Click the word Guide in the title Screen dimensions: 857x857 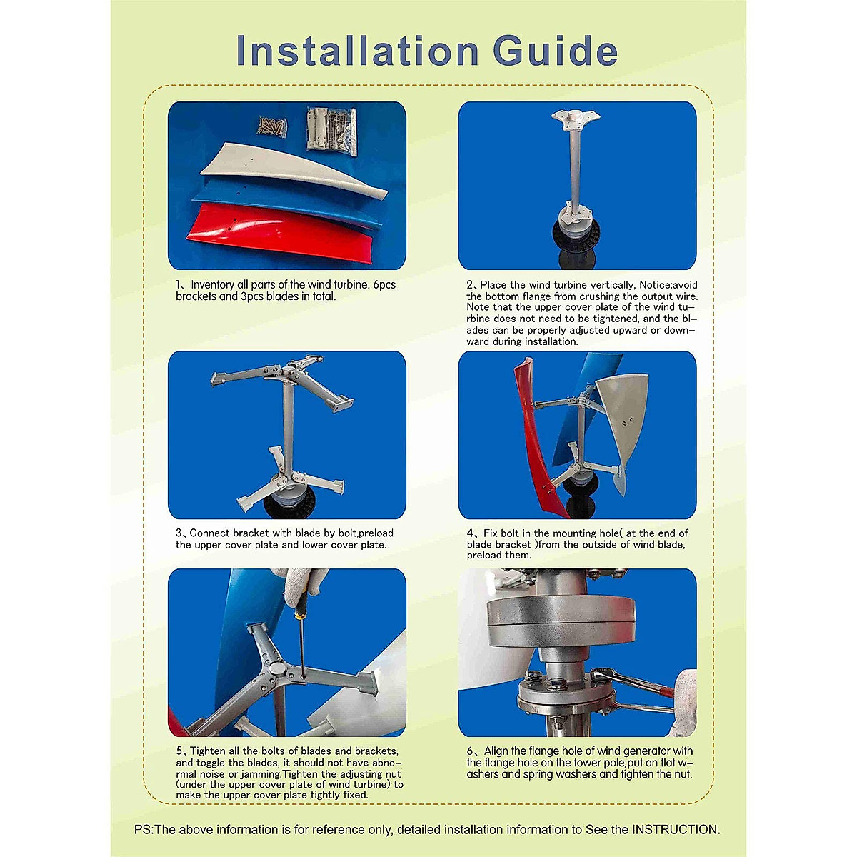point(555,51)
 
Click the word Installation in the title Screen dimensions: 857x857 point(356,51)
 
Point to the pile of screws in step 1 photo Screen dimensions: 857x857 point(272,126)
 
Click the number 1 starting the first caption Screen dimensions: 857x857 point(179,284)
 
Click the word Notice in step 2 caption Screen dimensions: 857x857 point(655,285)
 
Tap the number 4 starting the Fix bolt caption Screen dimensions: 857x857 point(470,533)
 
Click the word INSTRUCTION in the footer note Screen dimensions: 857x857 point(674,829)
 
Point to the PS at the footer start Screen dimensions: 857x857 point(143,829)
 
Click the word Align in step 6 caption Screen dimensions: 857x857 point(498,751)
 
